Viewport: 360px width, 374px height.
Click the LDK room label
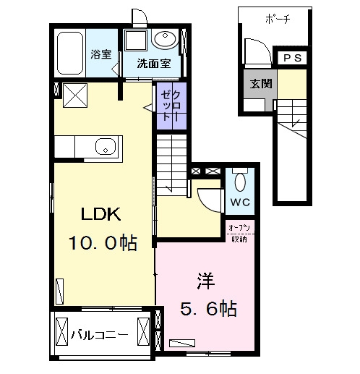[x=101, y=214]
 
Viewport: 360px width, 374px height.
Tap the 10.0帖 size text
[x=103, y=242]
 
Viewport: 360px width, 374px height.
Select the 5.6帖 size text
[x=208, y=308]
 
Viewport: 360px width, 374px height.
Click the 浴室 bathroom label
[x=101, y=54]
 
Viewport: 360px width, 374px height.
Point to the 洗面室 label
[x=154, y=64]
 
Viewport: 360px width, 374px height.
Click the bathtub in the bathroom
[x=70, y=53]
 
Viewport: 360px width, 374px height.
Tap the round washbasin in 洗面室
[x=166, y=38]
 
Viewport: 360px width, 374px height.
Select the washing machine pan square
[x=136, y=41]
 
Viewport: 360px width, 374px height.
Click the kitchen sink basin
[x=106, y=147]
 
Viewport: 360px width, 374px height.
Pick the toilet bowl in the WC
[x=240, y=182]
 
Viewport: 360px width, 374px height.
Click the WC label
[x=240, y=202]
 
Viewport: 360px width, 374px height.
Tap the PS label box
[x=292, y=58]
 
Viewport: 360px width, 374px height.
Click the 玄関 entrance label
[x=261, y=84]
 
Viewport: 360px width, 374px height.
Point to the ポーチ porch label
[x=278, y=19]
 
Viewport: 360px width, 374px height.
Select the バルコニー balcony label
[x=99, y=335]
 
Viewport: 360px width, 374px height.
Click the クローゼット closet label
[x=171, y=106]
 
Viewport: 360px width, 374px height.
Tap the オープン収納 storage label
[x=239, y=234]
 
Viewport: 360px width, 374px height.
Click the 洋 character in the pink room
[x=205, y=281]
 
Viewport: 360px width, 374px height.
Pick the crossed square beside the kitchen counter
[x=75, y=95]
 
